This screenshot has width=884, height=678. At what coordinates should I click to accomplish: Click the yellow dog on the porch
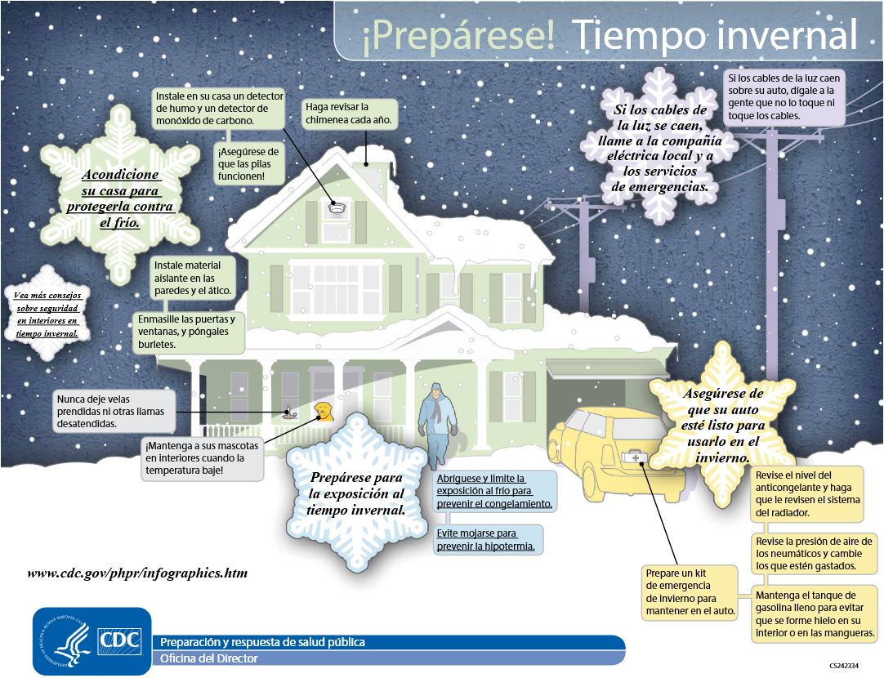[324, 411]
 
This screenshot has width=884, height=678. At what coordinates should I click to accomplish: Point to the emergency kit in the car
[632, 458]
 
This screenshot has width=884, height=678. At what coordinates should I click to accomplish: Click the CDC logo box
[119, 641]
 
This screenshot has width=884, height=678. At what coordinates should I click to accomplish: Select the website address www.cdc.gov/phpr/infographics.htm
[137, 573]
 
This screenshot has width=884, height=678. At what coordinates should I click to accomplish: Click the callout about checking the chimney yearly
[349, 114]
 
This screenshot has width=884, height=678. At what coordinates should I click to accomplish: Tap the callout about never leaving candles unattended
[114, 412]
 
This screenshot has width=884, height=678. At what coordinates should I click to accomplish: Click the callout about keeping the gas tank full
[815, 613]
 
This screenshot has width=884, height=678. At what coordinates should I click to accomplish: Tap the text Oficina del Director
[209, 658]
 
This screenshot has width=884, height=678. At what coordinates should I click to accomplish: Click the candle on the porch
[288, 413]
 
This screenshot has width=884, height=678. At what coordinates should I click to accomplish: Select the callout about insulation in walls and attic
[196, 278]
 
